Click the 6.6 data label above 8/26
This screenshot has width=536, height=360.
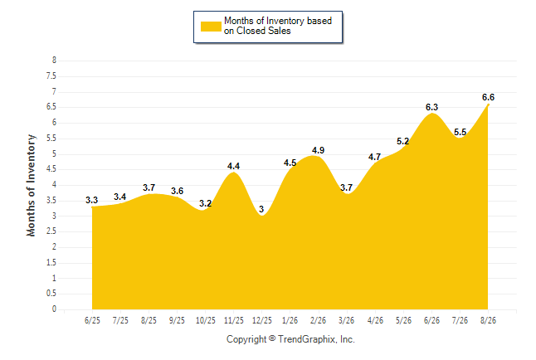488,97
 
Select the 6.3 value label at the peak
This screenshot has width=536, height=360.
431,107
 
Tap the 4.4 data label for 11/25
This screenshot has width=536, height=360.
233,166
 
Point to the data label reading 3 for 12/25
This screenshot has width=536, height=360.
261,209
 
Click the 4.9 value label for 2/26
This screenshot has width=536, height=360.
319,150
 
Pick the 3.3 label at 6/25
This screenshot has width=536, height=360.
91,200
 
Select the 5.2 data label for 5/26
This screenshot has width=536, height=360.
402,141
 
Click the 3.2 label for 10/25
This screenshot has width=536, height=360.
206,203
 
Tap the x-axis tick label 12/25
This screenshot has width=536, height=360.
262,320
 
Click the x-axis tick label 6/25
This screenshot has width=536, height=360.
92,320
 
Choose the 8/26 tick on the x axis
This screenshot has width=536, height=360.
488,320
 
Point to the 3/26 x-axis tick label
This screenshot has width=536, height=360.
346,320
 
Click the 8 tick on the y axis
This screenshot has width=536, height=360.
54,61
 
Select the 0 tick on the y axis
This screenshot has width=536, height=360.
54,309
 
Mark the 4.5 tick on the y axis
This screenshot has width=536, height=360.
51,169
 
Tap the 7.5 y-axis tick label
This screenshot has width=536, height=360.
51,75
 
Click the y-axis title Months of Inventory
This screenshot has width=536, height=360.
31,185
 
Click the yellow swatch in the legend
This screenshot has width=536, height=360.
211,27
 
